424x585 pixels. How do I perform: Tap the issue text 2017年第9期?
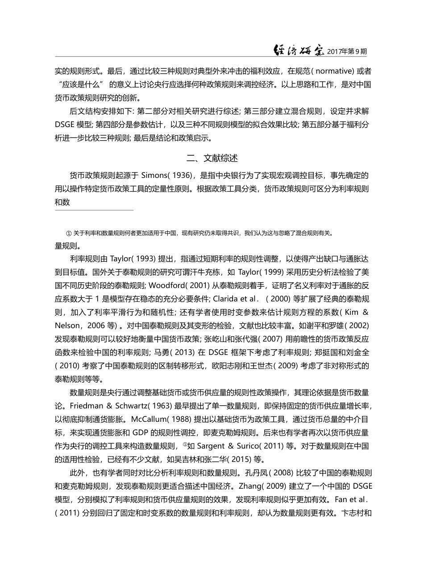(x=347, y=51)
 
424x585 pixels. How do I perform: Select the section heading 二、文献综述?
(x=212, y=158)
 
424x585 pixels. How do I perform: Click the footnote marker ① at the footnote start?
(x=69, y=233)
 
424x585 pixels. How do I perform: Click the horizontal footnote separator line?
(x=94, y=210)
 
